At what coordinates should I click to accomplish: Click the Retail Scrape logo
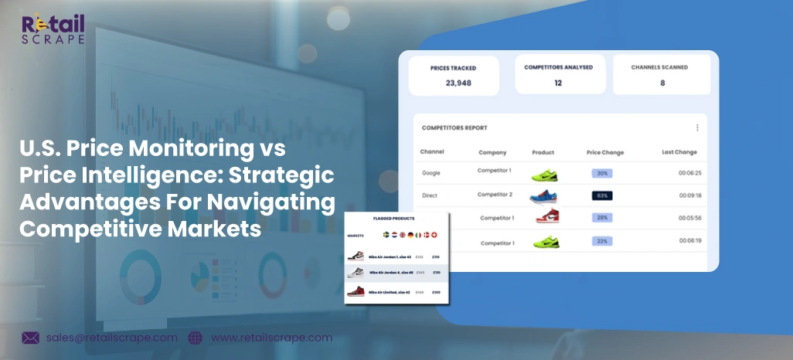click(53, 29)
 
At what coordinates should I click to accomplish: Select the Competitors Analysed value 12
click(558, 83)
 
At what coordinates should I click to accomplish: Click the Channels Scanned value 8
click(662, 83)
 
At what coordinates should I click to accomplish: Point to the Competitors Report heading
click(454, 127)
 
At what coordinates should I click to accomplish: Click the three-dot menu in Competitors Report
click(697, 127)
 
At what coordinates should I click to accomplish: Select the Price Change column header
click(604, 152)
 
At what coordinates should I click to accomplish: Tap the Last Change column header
click(679, 152)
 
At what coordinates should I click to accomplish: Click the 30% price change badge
click(602, 173)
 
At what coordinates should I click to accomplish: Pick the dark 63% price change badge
click(602, 195)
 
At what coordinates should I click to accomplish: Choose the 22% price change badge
click(602, 242)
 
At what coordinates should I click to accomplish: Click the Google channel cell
click(431, 173)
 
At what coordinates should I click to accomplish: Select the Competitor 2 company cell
click(495, 194)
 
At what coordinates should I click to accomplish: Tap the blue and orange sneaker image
click(543, 195)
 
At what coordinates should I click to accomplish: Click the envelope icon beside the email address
click(31, 338)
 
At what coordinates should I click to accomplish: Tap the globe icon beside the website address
click(195, 338)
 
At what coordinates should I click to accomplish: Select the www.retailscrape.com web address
click(271, 338)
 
